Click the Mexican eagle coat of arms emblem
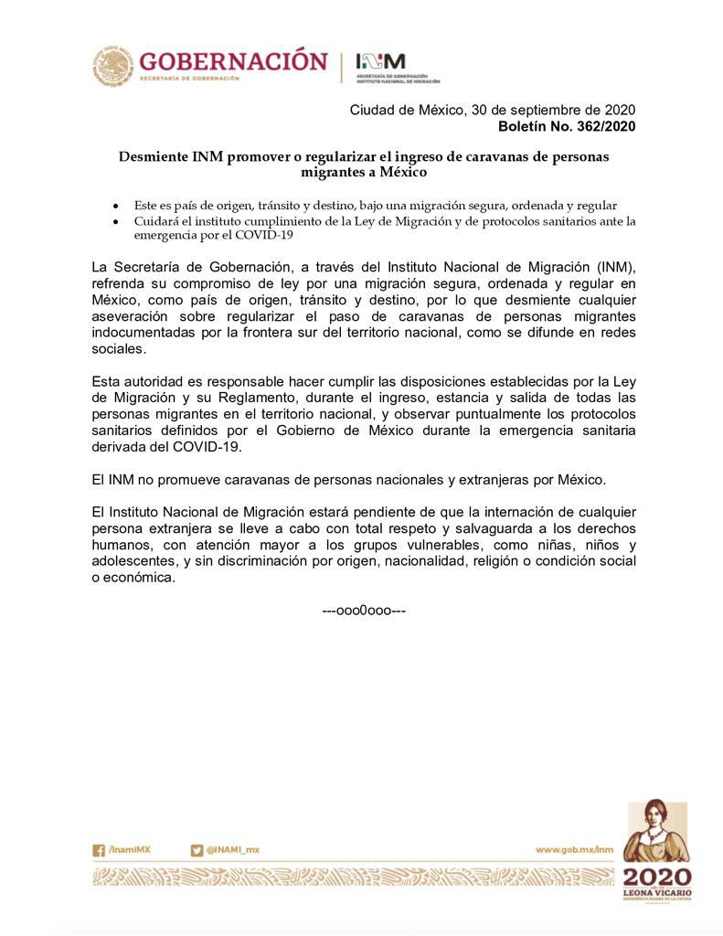point(112,66)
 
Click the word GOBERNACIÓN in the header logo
point(232,61)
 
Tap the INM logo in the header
point(380,61)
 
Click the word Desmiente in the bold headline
point(153,156)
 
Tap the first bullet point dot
point(115,207)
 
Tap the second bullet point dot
point(115,222)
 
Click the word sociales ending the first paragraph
point(119,349)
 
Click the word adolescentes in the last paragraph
point(135,561)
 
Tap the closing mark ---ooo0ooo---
point(364,610)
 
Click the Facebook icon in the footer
point(99,850)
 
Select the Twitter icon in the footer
point(197,850)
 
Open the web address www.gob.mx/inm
point(574,850)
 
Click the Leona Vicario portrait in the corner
point(655,833)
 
